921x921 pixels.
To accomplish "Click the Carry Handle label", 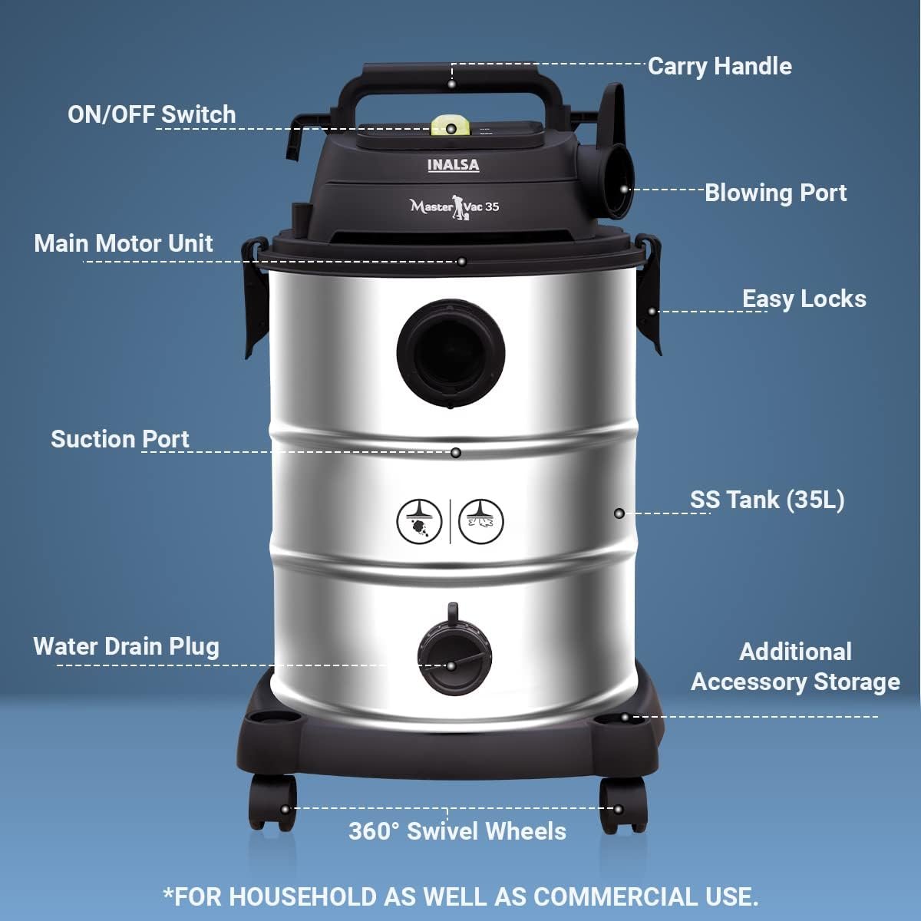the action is (x=719, y=67).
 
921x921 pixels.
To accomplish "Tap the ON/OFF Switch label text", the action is (x=152, y=114).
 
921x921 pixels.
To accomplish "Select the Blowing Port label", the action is (x=775, y=193).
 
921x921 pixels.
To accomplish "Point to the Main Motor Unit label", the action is (x=124, y=243).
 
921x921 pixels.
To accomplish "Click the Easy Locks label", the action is (x=804, y=299).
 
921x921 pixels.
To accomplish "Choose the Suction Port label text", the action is (x=120, y=439).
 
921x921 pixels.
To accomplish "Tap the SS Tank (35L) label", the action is (x=767, y=500).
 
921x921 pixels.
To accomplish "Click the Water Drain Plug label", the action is (x=126, y=647).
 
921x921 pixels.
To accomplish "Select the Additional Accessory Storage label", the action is (x=795, y=667).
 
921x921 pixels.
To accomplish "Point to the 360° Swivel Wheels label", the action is (x=457, y=830).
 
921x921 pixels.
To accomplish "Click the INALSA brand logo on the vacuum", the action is (x=453, y=165).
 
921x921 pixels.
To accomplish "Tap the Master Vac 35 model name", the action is (x=454, y=206).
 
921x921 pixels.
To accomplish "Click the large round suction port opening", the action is (x=451, y=353).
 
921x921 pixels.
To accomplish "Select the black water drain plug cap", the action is (x=454, y=653).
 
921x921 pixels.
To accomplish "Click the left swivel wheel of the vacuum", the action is (x=272, y=804).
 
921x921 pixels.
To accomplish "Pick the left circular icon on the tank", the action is (x=419, y=521).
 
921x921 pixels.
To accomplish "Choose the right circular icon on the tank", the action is (x=480, y=521).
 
